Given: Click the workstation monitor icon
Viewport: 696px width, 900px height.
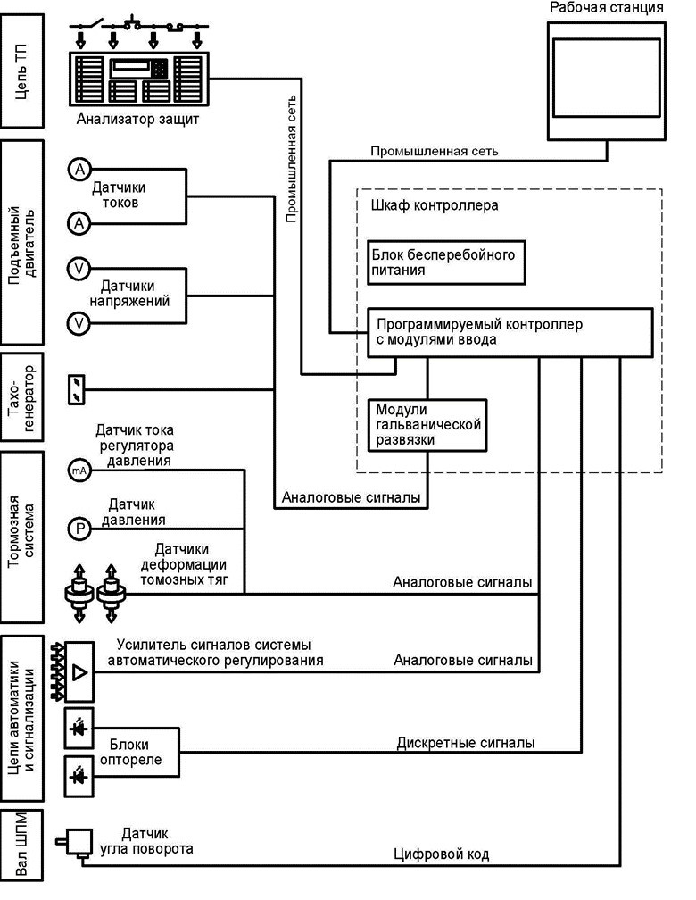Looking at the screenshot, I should point(607,80).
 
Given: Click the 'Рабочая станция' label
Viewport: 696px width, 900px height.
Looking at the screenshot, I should point(607,8).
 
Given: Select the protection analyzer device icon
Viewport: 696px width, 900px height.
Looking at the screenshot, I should point(137,79).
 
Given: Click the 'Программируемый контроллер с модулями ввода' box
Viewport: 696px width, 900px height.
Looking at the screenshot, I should point(510,332).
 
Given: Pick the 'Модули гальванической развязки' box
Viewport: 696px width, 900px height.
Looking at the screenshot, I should point(427,424).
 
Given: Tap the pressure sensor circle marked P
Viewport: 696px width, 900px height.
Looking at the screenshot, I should point(79,529).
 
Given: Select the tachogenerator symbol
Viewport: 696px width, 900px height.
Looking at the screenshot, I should point(78,388).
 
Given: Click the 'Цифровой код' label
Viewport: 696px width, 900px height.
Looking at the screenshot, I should point(442,854).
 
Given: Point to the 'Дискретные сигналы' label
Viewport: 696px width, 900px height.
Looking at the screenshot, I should point(466,742).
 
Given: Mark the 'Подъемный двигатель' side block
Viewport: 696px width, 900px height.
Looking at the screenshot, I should point(22,242).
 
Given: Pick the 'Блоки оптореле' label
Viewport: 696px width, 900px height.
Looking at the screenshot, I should point(136,752).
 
